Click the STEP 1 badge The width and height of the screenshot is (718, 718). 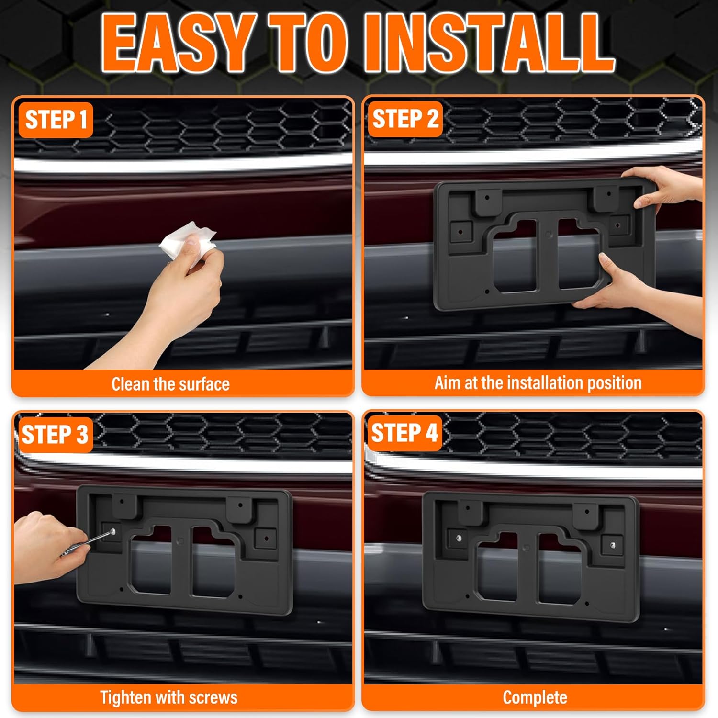pos(56,120)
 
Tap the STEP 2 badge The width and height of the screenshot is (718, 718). pos(405,119)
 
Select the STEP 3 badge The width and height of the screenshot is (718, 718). pos(55,435)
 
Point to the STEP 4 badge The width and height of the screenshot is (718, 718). pos(404,433)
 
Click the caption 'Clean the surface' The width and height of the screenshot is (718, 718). pos(170,384)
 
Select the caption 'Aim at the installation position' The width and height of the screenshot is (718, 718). pos(538,383)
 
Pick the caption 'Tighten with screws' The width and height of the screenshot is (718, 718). pos(168,697)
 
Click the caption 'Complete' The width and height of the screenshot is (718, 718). pos(535,697)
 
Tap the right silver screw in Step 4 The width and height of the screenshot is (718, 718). pos(613,545)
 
